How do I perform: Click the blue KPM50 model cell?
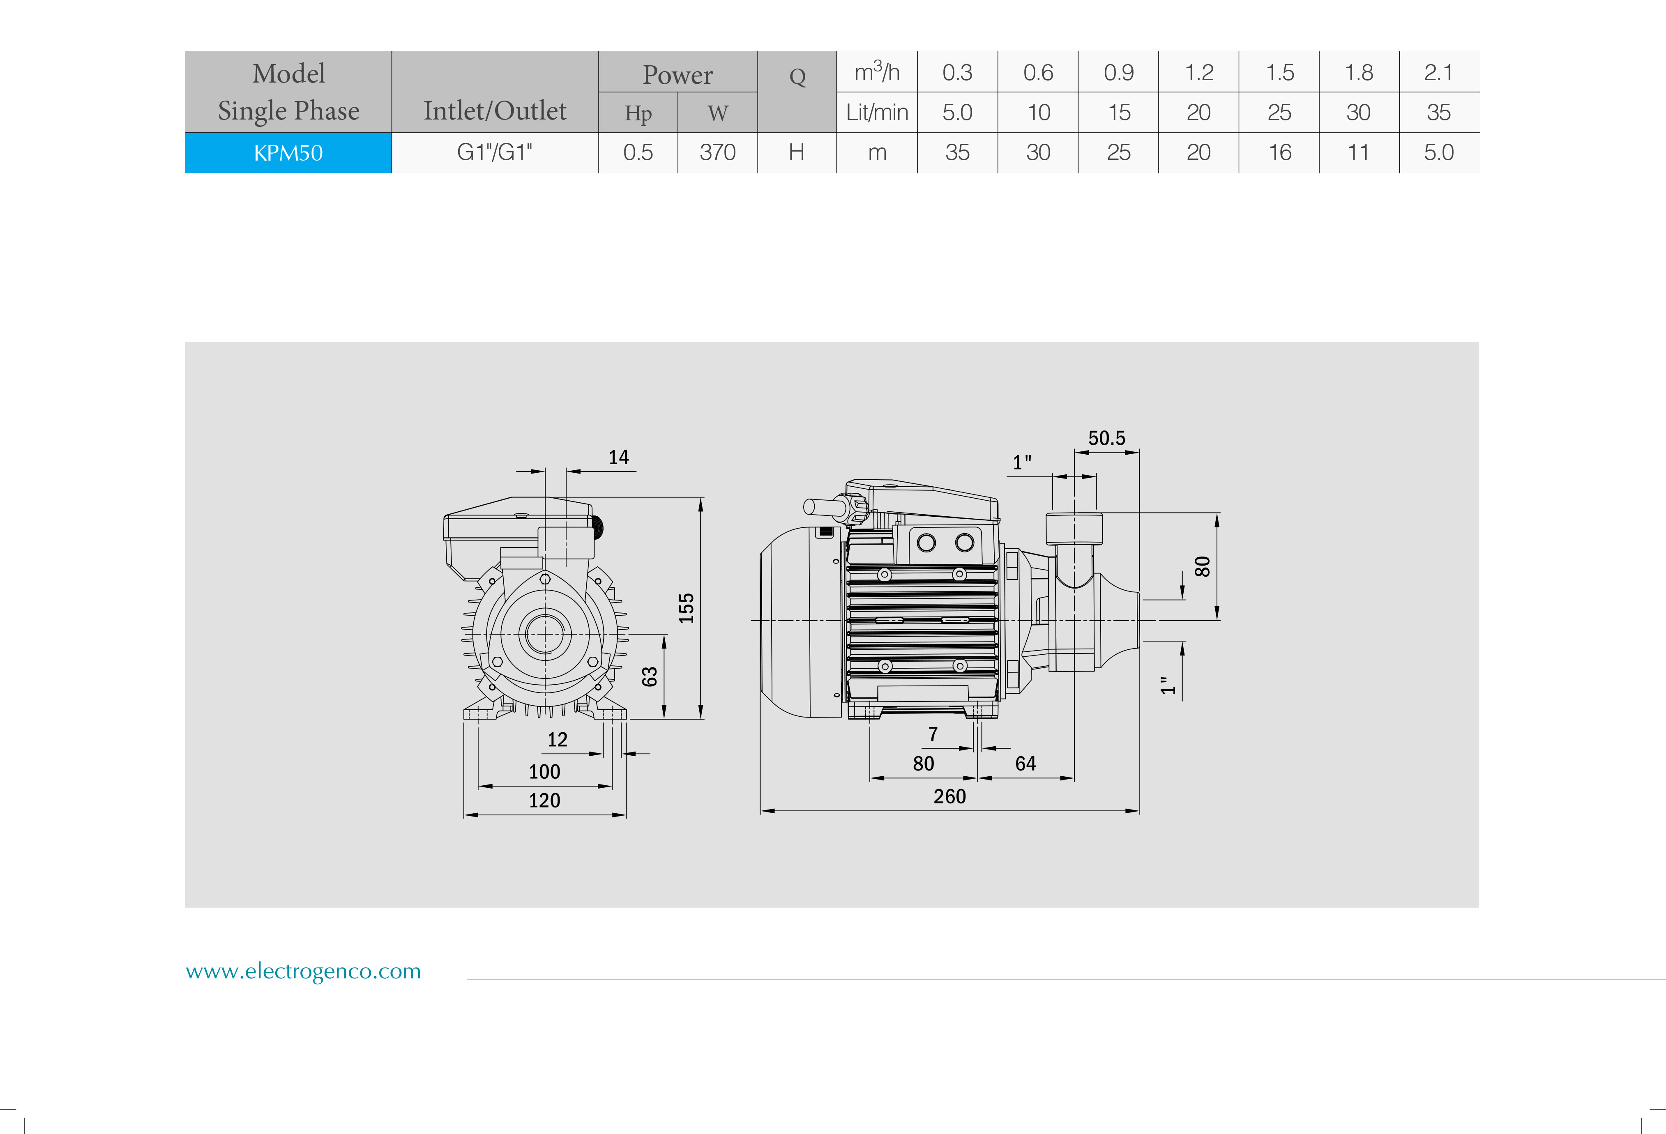pos(288,153)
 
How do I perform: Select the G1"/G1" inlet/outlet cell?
pos(495,153)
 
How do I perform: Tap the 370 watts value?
pos(718,153)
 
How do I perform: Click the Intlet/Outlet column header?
pos(495,111)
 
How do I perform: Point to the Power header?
pos(677,75)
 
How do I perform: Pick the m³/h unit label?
pos(877,72)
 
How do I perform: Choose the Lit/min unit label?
pos(877,113)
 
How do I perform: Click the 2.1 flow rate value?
pos(1438,72)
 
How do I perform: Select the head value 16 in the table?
pos(1280,153)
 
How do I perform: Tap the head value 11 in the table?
pos(1358,153)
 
